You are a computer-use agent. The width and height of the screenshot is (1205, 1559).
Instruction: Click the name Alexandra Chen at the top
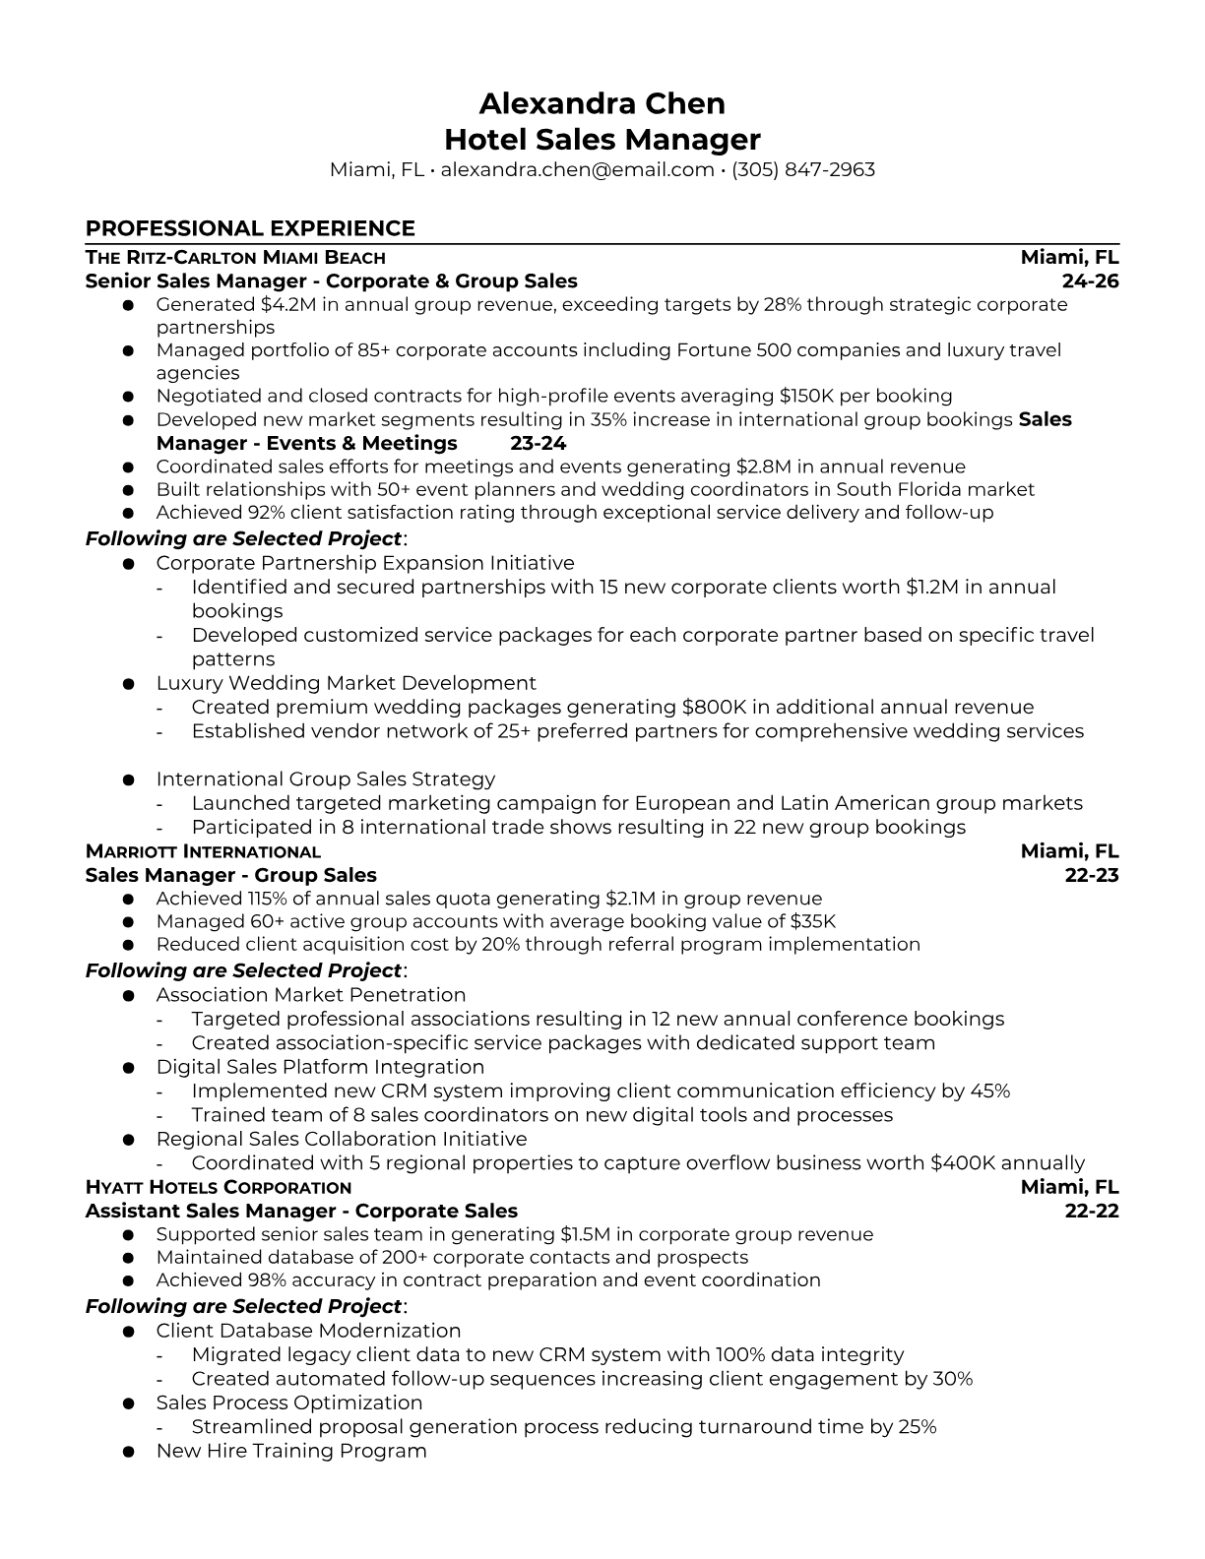[602, 103]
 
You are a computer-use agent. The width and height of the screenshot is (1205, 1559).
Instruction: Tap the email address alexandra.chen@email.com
[577, 169]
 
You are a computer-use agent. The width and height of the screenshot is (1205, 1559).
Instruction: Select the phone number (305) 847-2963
[803, 169]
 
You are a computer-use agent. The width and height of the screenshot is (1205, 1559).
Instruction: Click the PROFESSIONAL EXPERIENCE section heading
[250, 228]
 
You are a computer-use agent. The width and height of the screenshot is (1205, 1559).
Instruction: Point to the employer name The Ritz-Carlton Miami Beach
[235, 258]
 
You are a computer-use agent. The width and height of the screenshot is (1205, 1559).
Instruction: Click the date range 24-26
[1091, 281]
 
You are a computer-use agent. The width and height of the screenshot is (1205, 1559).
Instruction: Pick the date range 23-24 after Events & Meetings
[538, 443]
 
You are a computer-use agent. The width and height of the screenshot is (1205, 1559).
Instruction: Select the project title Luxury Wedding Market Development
[346, 683]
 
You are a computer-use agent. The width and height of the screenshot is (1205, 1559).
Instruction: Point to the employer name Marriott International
[203, 851]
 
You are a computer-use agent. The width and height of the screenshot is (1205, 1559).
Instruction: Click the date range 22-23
[1092, 875]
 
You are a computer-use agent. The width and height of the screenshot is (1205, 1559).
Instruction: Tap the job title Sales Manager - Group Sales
[230, 875]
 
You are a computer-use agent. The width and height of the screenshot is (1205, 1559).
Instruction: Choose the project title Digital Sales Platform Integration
[320, 1067]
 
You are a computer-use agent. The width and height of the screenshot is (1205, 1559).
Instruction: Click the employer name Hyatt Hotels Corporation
[219, 1187]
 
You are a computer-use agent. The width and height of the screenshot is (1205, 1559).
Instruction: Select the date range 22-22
[1092, 1211]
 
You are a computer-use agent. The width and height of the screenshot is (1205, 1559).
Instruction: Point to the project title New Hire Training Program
[291, 1451]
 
